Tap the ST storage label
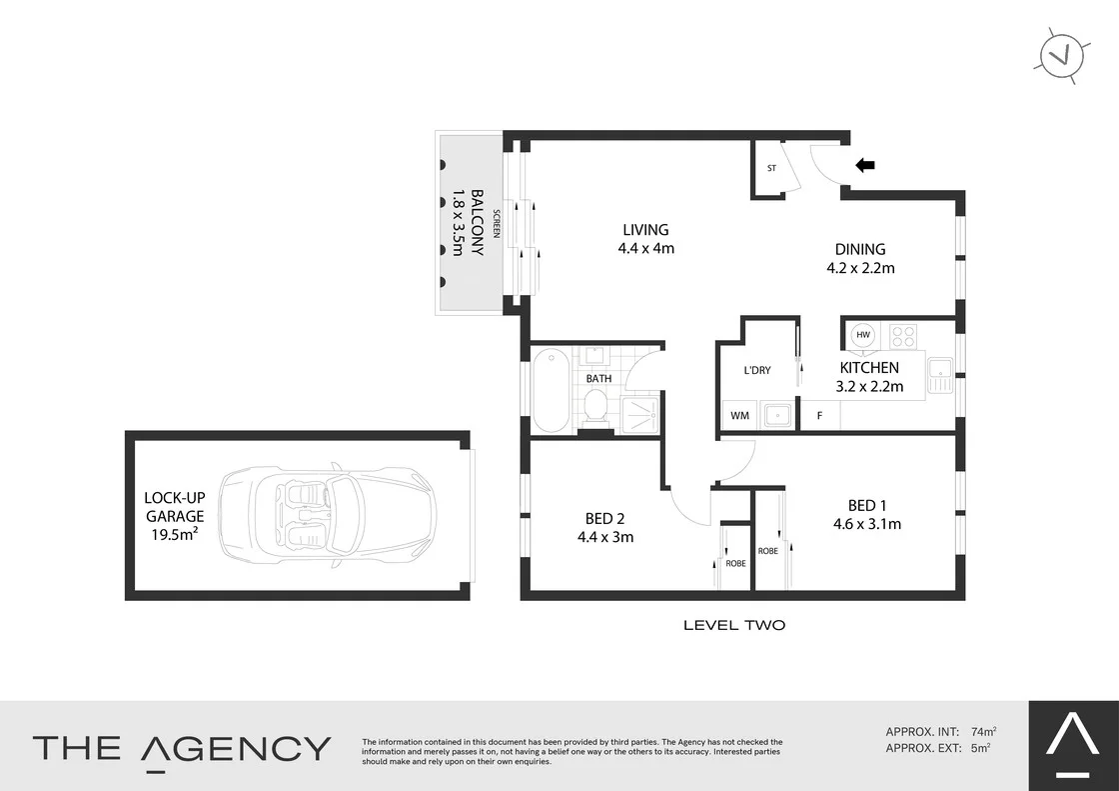click(771, 168)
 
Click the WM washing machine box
click(740, 415)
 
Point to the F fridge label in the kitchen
click(819, 415)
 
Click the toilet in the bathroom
click(595, 405)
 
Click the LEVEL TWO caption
click(733, 625)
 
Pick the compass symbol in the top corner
click(1061, 54)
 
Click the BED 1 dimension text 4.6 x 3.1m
click(867, 523)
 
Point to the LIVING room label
click(646, 230)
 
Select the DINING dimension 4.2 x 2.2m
click(859, 268)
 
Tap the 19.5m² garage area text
click(174, 535)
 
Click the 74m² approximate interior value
click(984, 731)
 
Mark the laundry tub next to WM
click(777, 415)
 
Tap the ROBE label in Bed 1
click(767, 551)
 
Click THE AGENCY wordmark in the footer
click(182, 748)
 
